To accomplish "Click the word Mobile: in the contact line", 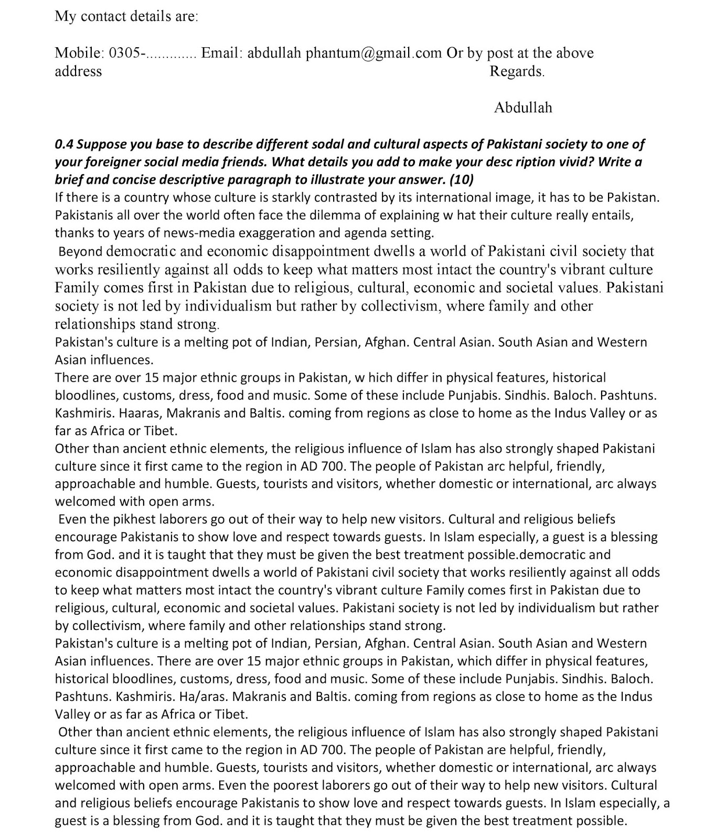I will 79,53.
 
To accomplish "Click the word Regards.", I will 517,71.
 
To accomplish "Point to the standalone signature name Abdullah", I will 523,108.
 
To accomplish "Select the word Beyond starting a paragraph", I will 80,251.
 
